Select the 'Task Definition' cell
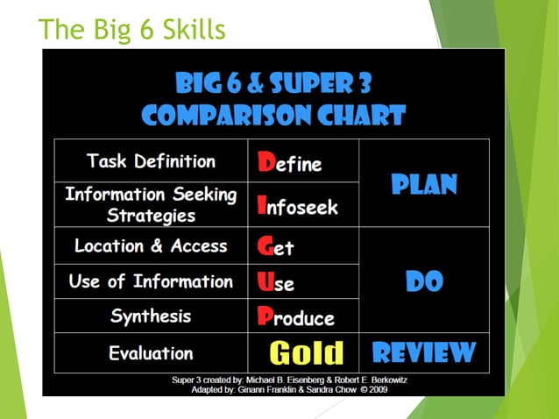(x=151, y=161)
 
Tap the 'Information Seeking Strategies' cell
(x=151, y=204)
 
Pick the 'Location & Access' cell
(x=151, y=246)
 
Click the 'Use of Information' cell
(x=151, y=281)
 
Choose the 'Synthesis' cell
(x=151, y=316)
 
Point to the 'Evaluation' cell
(x=151, y=353)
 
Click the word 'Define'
(x=290, y=162)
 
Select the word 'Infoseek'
(x=296, y=206)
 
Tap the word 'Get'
(x=276, y=246)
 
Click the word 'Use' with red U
(x=276, y=282)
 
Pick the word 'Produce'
(x=296, y=317)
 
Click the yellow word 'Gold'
(x=306, y=353)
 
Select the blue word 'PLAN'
(x=424, y=185)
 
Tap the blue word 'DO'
(x=424, y=281)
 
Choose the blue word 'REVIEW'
(x=424, y=353)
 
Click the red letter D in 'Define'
(x=265, y=161)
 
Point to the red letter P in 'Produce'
(x=265, y=316)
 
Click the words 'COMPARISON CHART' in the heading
(x=273, y=115)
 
